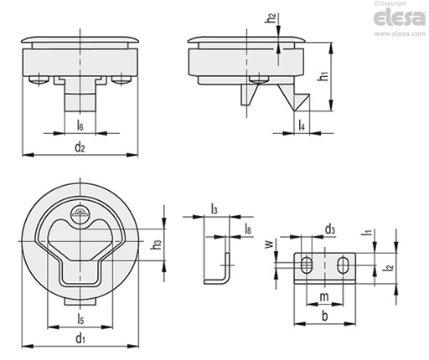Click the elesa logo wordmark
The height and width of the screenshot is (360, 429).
pyautogui.click(x=400, y=18)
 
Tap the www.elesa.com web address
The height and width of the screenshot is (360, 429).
pyautogui.click(x=400, y=33)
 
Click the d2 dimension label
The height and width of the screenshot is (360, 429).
pyautogui.click(x=80, y=147)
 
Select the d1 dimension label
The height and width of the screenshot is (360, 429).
pyautogui.click(x=80, y=338)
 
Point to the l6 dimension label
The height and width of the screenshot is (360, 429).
pyautogui.click(x=80, y=126)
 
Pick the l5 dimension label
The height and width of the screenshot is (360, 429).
pyautogui.click(x=80, y=319)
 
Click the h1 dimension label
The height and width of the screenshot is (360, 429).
pyautogui.click(x=323, y=76)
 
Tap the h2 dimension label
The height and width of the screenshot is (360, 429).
pyautogui.click(x=271, y=18)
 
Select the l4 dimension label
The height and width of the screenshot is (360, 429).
pyautogui.click(x=302, y=126)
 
